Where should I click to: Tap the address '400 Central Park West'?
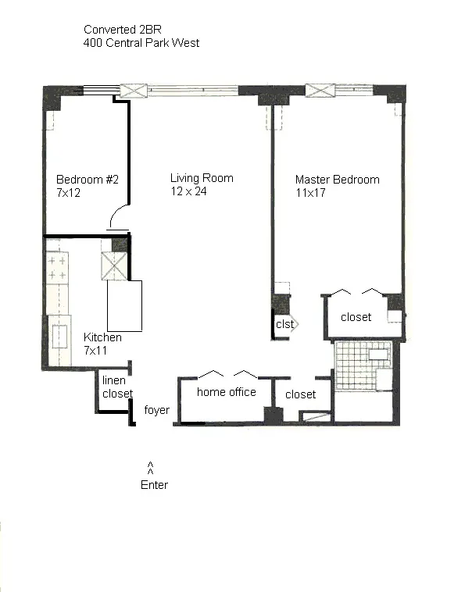pos(141,43)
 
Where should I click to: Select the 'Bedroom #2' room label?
pos(88,180)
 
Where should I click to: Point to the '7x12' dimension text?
pos(69,192)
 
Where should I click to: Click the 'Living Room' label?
pos(202,178)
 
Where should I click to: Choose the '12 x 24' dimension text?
pos(188,191)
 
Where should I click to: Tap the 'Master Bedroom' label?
pos(337,180)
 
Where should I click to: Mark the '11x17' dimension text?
pos(310,192)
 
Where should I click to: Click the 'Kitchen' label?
pos(102,337)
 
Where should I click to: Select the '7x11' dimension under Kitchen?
pos(96,350)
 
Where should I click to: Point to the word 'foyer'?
pos(157,410)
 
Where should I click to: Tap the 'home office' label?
pos(226,392)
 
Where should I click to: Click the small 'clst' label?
pos(284,324)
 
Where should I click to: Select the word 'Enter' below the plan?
pos(154,485)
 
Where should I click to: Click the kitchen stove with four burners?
pos(57,268)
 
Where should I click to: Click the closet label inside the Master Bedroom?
pos(356,317)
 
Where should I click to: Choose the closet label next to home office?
pos(300,395)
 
